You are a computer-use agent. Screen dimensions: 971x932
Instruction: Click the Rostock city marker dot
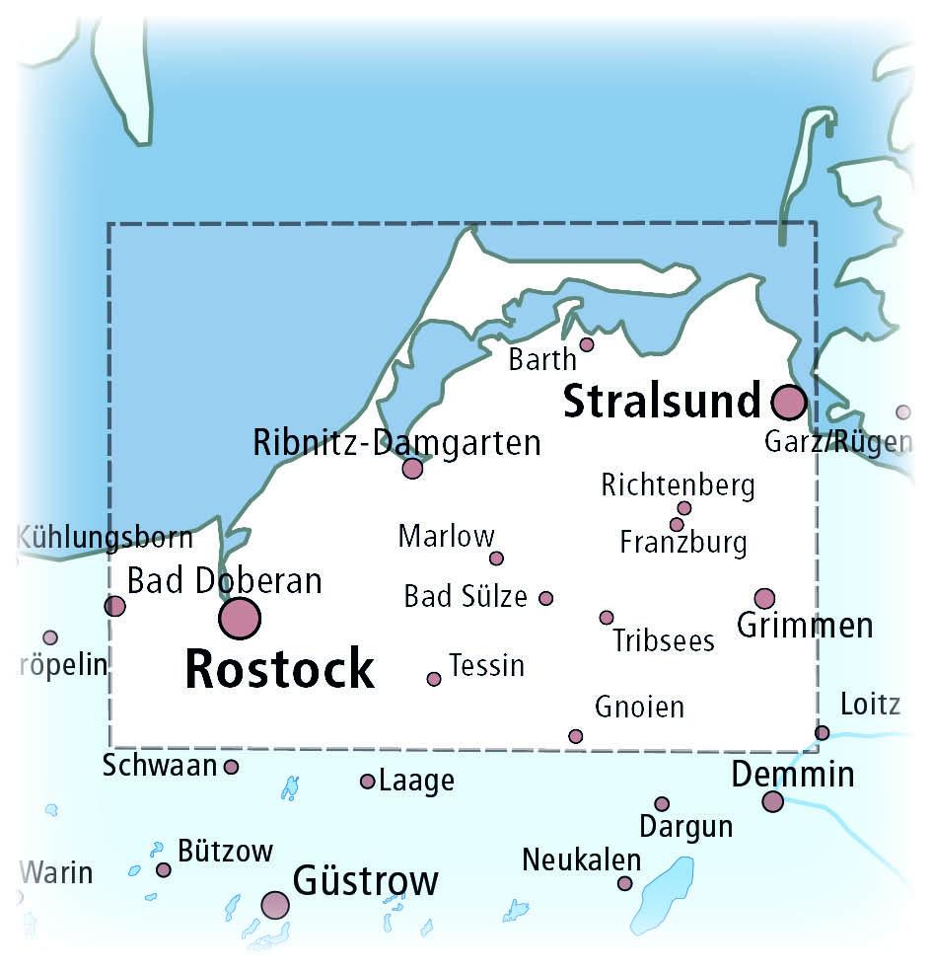[240, 619]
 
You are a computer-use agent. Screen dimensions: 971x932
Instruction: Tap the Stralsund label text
[662, 402]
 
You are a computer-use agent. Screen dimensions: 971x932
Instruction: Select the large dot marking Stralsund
[788, 403]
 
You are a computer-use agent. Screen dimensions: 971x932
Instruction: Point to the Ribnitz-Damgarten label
[397, 442]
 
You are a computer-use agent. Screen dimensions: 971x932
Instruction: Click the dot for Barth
[587, 344]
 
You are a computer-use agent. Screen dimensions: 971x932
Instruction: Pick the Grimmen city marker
[764, 598]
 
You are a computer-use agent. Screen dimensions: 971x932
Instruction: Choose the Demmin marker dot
[773, 801]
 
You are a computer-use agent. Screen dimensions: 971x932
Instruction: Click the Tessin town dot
[434, 679]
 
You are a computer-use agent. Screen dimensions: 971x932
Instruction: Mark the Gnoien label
[639, 707]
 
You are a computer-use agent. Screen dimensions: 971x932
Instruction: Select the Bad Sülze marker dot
[546, 598]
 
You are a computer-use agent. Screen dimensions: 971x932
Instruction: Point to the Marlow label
[446, 537]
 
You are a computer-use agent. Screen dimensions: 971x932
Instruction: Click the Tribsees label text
[663, 640]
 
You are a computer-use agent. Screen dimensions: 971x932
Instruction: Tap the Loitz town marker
[822, 732]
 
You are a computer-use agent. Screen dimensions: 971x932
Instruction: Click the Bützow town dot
[164, 869]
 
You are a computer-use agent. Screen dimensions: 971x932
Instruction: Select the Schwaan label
[159, 765]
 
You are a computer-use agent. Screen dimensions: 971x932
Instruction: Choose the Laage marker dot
[367, 782]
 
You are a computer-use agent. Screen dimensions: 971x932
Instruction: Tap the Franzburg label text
[683, 542]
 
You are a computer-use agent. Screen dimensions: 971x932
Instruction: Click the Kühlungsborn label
[105, 539]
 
